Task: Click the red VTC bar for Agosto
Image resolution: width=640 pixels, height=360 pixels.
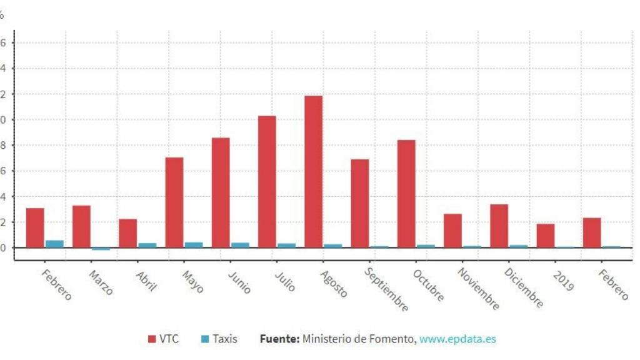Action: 313,171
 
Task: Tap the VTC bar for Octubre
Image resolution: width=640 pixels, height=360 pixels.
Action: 406,194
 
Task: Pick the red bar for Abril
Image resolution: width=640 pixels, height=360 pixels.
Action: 127,233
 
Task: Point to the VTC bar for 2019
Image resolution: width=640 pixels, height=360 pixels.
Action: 545,236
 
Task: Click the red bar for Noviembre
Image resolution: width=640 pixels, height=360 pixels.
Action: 452,231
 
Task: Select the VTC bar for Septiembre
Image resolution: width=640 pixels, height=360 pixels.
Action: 359,203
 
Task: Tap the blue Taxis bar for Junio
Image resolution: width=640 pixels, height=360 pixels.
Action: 240,244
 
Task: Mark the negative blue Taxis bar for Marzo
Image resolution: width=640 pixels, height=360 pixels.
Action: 101,249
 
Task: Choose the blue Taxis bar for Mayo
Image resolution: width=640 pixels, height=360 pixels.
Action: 194,244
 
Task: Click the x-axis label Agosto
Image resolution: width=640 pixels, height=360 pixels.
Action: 333,283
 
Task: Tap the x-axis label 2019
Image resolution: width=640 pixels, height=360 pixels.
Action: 563,281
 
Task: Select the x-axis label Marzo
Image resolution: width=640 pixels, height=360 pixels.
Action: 101,282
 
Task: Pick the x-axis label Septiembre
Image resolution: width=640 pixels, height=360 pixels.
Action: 386,290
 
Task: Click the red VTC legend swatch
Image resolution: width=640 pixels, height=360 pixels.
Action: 152,339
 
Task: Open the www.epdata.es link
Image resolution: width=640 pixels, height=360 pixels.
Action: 457,339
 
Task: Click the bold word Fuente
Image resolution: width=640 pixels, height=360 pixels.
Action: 279,339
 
